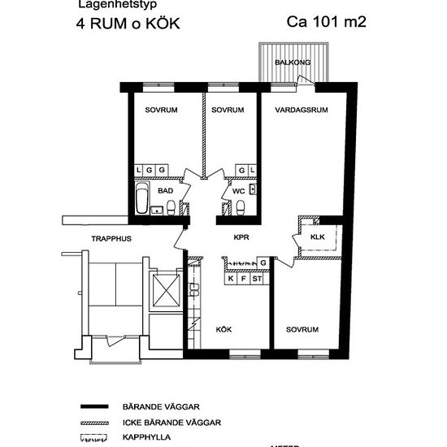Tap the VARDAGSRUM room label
point(300,110)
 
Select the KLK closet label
point(317,237)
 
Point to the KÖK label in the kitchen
point(223,329)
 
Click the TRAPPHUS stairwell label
point(111,239)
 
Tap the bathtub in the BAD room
point(142,197)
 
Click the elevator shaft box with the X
point(164,289)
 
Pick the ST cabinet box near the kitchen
point(257,279)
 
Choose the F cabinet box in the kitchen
point(243,279)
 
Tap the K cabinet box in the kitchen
point(231,279)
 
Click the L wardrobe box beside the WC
point(253,169)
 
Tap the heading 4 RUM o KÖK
point(123,23)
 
